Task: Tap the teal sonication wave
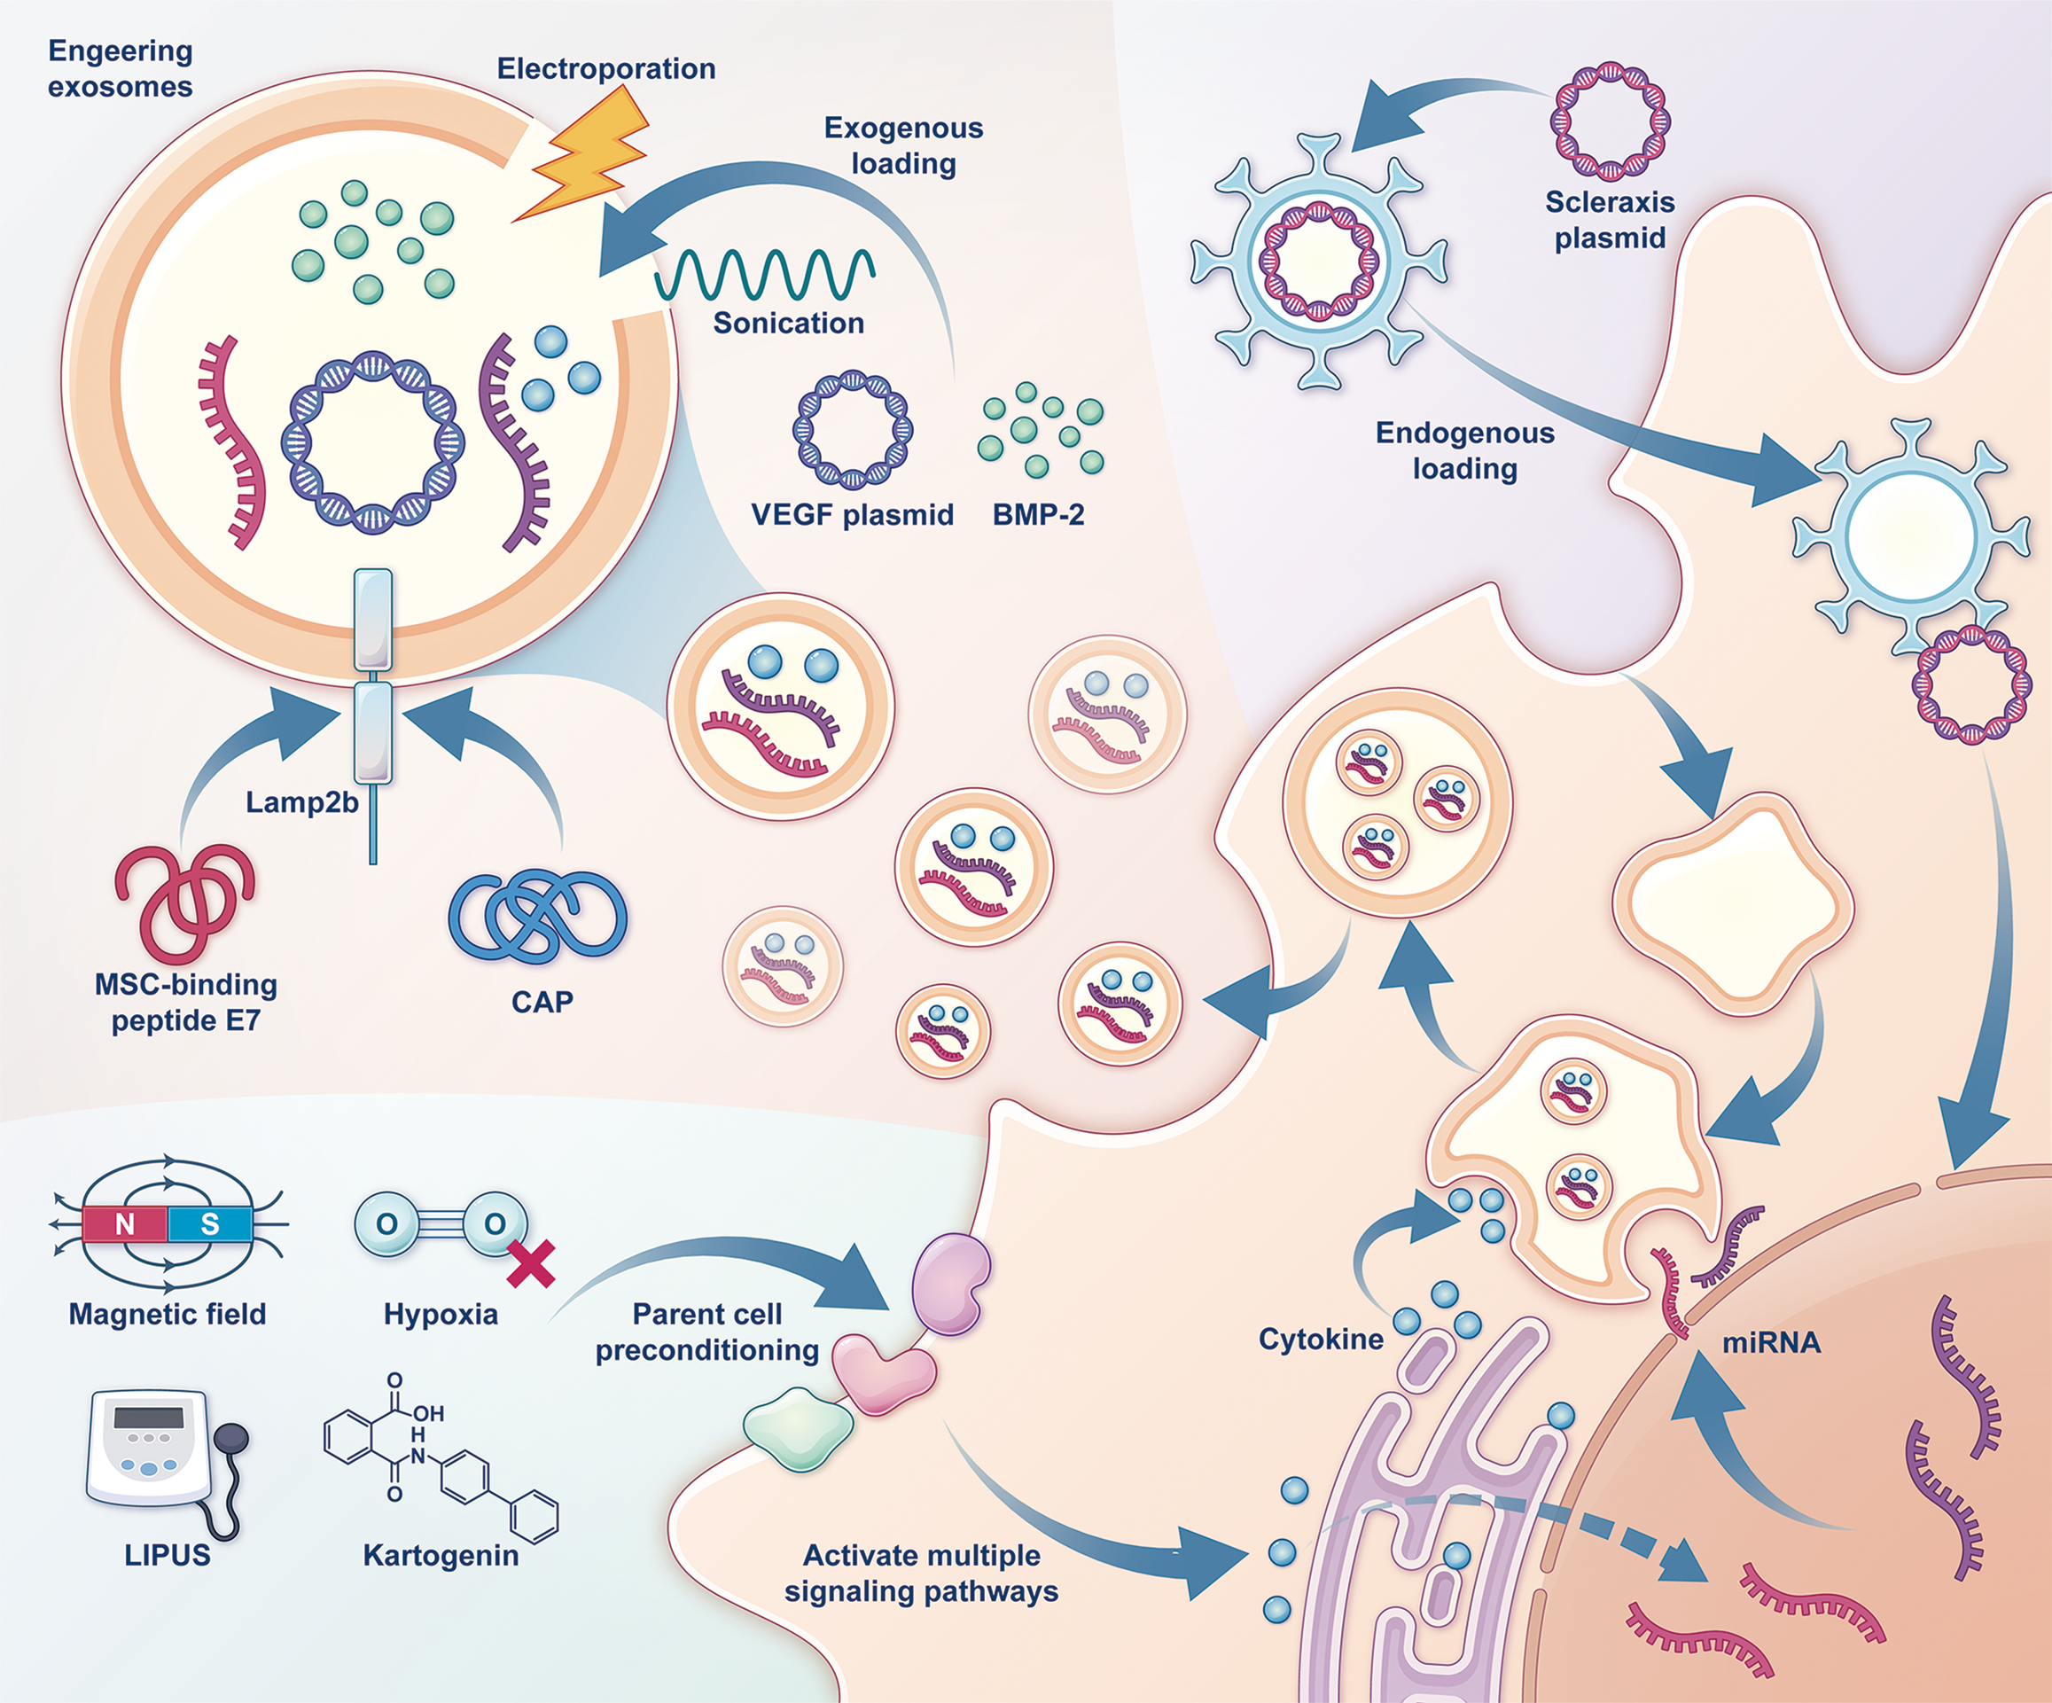point(764,275)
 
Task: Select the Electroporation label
point(605,68)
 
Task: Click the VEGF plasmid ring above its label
point(852,430)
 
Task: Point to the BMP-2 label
point(1038,515)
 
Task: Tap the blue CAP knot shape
point(537,913)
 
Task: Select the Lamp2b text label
point(301,802)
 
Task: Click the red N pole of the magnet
point(125,1224)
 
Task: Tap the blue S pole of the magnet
point(209,1224)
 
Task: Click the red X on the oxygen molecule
point(532,1263)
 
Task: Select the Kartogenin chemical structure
point(440,1456)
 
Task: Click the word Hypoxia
point(441,1314)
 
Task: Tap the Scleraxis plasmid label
point(1610,220)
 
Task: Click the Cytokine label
point(1320,1339)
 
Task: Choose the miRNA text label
point(1771,1342)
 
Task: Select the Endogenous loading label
point(1464,450)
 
